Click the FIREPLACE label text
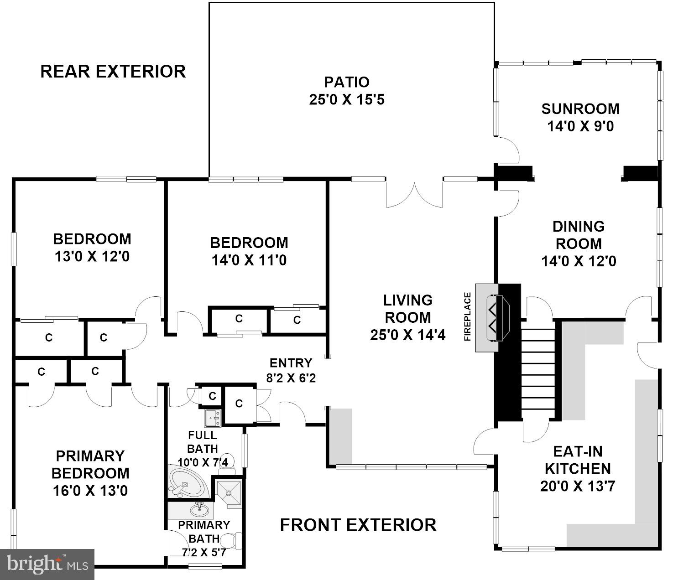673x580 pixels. click(x=468, y=317)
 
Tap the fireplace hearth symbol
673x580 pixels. click(x=497, y=318)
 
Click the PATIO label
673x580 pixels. click(x=347, y=82)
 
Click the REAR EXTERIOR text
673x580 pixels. click(x=113, y=71)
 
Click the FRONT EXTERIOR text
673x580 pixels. click(x=358, y=525)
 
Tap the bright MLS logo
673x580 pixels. click(x=47, y=564)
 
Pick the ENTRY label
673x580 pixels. click(x=291, y=362)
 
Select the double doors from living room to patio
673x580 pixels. click(x=414, y=195)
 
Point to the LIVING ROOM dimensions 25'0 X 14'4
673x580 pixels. click(x=407, y=335)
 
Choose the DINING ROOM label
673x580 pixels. click(x=579, y=235)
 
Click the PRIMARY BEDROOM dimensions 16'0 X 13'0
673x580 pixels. click(x=90, y=491)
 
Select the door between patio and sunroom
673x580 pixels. click(x=506, y=150)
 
